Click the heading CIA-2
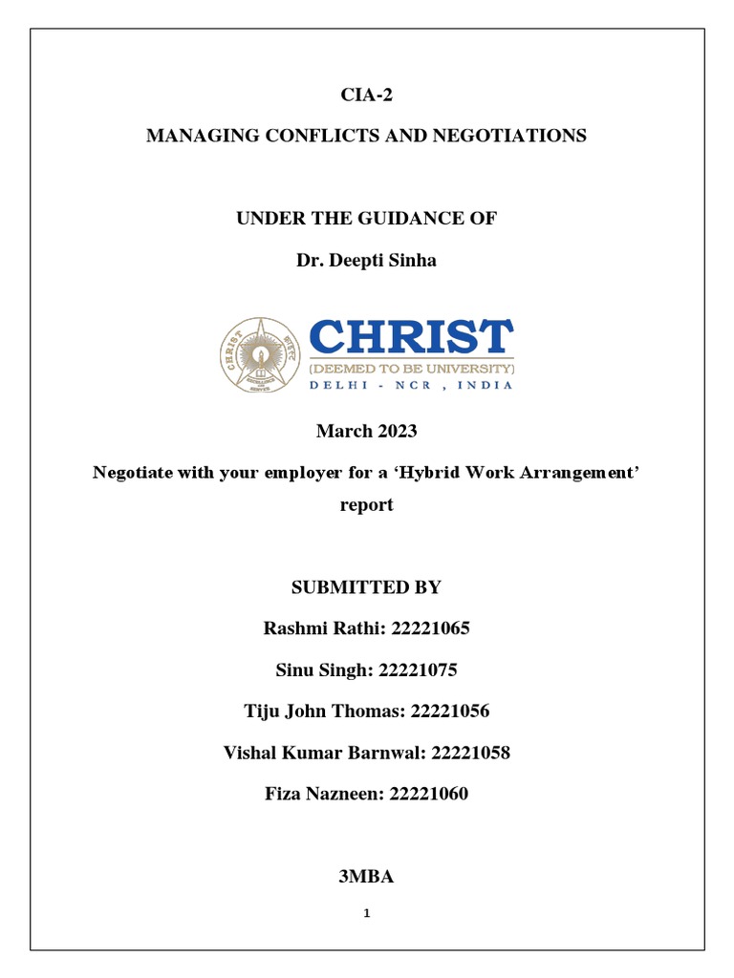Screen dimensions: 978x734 [366, 95]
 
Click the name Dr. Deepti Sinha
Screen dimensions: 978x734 [366, 261]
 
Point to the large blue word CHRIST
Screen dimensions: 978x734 [412, 337]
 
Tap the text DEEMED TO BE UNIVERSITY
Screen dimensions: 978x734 [412, 368]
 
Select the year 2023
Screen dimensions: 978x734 [396, 432]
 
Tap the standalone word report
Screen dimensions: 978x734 [366, 505]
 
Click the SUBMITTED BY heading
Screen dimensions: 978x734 [366, 587]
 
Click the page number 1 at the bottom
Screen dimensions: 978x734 [366, 913]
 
